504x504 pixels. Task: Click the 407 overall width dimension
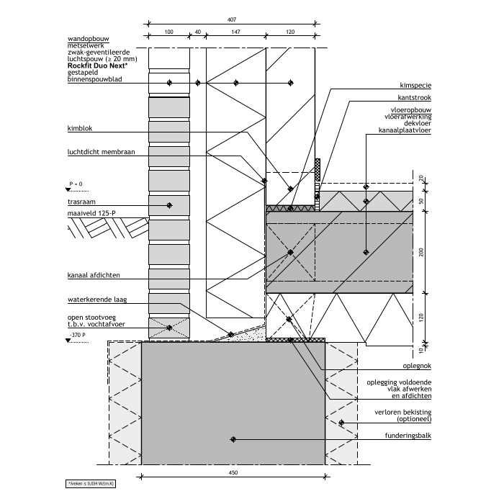232,19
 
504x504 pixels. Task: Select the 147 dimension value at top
235,32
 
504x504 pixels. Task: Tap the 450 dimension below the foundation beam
233,472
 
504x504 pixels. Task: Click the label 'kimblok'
80,128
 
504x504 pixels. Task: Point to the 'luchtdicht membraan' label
102,152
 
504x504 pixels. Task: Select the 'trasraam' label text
81,202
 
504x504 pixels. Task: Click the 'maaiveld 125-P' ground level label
91,213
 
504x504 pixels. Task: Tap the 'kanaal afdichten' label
94,275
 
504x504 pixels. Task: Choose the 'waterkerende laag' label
97,300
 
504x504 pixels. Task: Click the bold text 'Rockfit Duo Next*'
98,66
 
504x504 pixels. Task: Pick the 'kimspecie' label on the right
415,86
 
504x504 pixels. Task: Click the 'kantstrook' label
414,98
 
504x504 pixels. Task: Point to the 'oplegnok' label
417,366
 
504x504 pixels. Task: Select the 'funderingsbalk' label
408,436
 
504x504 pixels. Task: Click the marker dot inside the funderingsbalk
233,439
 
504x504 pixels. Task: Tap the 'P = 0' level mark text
76,184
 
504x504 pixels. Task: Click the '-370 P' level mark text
78,335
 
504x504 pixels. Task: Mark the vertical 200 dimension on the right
421,252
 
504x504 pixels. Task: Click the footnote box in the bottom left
91,483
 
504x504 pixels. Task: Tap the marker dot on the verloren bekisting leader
341,423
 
